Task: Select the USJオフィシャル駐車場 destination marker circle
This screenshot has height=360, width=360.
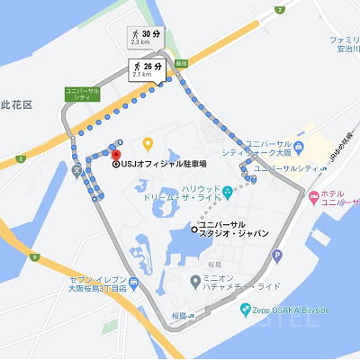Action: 116,165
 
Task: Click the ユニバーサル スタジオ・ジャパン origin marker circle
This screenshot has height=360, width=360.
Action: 194,229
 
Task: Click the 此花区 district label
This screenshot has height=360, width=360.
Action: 16,105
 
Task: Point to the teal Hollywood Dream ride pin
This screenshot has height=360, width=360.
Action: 228,190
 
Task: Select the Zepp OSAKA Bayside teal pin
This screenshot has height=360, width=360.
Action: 245,310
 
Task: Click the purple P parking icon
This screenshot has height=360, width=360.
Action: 277,256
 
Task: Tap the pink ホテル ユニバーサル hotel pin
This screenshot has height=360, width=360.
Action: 312,194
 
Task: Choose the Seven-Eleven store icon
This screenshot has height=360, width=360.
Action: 134,283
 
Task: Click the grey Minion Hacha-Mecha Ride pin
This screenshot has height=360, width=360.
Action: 195,281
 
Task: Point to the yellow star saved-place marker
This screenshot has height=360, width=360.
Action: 148,144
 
